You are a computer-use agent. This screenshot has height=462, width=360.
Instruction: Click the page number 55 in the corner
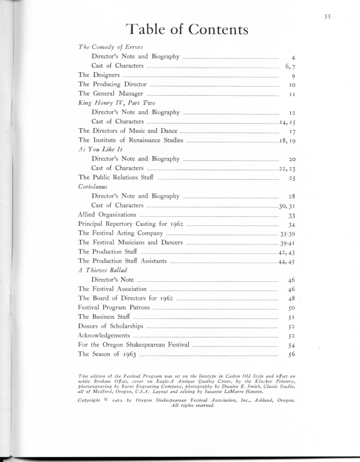(x=327, y=17)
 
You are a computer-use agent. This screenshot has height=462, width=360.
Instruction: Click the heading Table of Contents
(x=187, y=29)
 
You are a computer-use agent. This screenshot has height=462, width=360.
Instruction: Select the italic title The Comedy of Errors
(x=110, y=47)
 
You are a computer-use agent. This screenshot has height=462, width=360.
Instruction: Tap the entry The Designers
(x=99, y=76)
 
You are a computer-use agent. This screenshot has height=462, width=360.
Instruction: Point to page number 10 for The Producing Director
(x=292, y=85)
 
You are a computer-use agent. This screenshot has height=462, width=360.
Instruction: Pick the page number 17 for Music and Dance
(x=292, y=131)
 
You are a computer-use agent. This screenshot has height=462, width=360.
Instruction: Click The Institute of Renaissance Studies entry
(x=132, y=140)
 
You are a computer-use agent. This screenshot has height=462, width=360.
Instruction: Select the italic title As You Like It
(x=100, y=150)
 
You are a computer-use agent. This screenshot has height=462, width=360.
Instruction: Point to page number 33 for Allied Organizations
(x=292, y=215)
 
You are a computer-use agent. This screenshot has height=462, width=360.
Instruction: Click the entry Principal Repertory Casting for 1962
(x=131, y=224)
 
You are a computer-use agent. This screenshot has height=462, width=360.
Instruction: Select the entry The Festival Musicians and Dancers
(x=130, y=243)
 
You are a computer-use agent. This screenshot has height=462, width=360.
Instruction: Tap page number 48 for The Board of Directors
(x=292, y=299)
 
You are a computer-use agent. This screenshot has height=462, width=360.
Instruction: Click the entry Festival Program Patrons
(x=114, y=308)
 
